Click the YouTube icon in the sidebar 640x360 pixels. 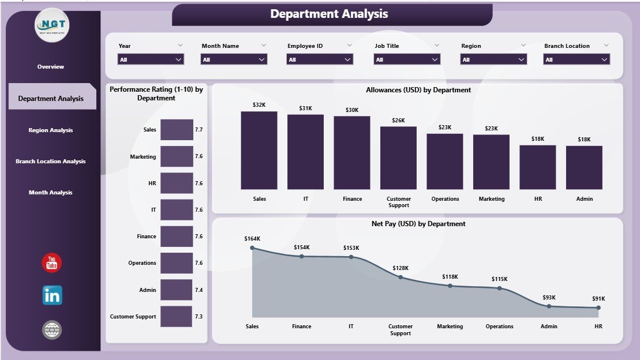coord(52,263)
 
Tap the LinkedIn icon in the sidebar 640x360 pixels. coord(52,295)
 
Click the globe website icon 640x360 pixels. coord(52,330)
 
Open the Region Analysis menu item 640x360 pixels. coord(51,130)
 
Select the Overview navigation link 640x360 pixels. coord(51,67)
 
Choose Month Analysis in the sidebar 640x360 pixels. coord(51,193)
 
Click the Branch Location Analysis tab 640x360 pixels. coord(51,162)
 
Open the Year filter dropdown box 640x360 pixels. coord(151,59)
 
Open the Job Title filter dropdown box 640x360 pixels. coord(407,59)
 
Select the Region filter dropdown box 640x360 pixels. coord(493,59)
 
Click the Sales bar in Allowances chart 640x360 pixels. coord(259,151)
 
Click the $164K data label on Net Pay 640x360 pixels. coord(252,238)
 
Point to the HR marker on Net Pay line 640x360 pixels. coord(598,308)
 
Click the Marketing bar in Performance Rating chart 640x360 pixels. coord(177,156)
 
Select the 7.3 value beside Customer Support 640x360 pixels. coord(199,317)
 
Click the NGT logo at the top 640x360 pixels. coord(53,25)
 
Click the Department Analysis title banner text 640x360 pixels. coord(329,14)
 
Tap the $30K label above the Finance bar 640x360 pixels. coord(352,110)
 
